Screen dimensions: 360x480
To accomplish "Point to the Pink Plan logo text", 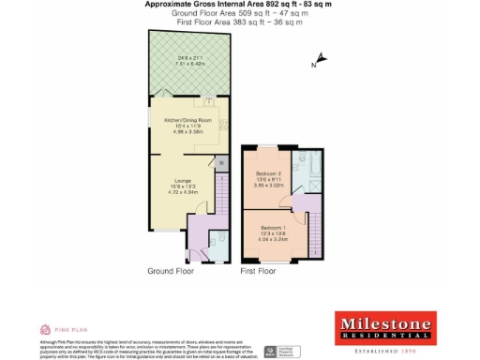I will (x=65, y=330).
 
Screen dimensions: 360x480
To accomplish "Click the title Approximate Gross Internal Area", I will (x=239, y=5).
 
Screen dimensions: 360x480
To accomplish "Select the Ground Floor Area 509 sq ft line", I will (x=239, y=13).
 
